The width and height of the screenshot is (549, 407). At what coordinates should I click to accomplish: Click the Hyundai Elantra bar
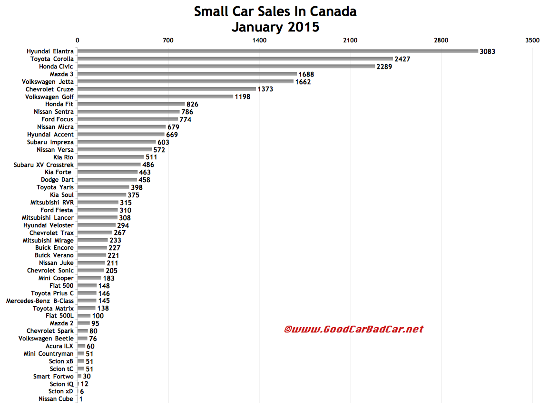click(x=277, y=51)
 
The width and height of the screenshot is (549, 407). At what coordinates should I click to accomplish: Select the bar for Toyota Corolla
click(x=235, y=59)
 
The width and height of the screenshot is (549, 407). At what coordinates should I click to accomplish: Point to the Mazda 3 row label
click(x=61, y=74)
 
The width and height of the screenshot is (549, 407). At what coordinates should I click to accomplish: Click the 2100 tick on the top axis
click(x=350, y=40)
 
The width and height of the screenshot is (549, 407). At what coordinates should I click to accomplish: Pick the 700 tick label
click(x=168, y=40)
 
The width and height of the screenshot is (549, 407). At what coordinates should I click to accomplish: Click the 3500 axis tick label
click(x=532, y=40)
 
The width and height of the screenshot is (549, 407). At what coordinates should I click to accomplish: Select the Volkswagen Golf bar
click(x=155, y=97)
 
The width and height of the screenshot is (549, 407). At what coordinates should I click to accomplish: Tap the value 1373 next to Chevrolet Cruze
click(x=265, y=89)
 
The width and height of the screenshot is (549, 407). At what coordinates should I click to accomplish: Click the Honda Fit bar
click(x=131, y=104)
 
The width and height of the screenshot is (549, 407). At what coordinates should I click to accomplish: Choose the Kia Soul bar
click(x=101, y=195)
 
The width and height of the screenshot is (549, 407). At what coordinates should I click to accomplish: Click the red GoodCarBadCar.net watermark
click(x=353, y=329)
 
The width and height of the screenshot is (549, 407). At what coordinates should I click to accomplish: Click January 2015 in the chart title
click(x=275, y=27)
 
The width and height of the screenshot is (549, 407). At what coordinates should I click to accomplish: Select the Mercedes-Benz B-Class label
click(x=40, y=301)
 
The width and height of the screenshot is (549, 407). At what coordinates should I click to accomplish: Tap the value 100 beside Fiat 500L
click(x=98, y=316)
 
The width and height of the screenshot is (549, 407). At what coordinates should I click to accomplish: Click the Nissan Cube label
click(x=56, y=399)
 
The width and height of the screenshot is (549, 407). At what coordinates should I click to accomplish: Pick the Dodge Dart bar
click(x=107, y=180)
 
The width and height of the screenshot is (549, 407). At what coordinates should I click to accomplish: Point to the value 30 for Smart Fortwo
click(x=87, y=377)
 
